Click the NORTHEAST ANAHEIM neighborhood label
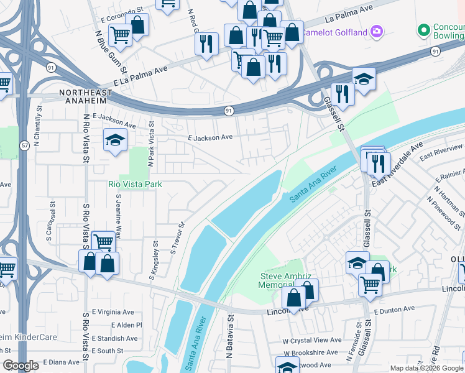[x=86, y=93]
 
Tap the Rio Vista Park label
[x=135, y=184]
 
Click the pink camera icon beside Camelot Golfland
[x=377, y=30]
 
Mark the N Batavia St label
[x=229, y=336]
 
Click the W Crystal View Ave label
[x=312, y=340]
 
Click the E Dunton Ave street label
[x=394, y=309]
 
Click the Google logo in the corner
[x=21, y=366]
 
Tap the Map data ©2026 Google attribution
[x=425, y=368]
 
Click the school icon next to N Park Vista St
[x=115, y=140]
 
